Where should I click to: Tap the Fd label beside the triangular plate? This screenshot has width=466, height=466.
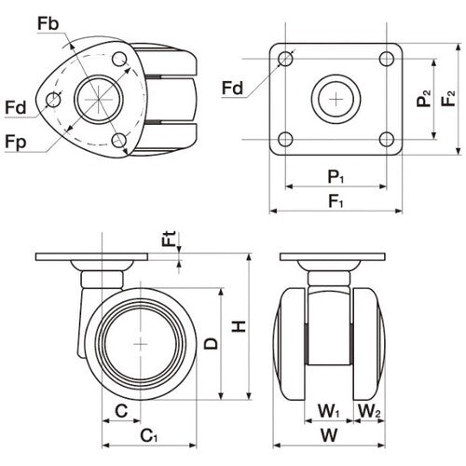[x=15, y=108]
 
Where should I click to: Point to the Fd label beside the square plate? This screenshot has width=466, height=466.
[x=234, y=89]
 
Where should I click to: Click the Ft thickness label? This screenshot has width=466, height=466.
[x=168, y=239]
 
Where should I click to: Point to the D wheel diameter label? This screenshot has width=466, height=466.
[x=212, y=343]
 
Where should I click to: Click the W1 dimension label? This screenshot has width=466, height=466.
[x=329, y=411]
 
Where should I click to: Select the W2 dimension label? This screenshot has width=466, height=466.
[x=370, y=411]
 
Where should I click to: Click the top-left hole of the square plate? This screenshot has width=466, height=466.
[x=286, y=60]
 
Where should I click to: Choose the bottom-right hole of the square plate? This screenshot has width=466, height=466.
[x=387, y=140]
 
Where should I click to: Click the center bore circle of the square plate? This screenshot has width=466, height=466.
[x=336, y=98]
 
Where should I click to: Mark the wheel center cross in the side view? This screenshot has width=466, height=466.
[x=141, y=345]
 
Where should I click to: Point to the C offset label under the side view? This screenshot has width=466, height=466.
[x=121, y=410]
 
